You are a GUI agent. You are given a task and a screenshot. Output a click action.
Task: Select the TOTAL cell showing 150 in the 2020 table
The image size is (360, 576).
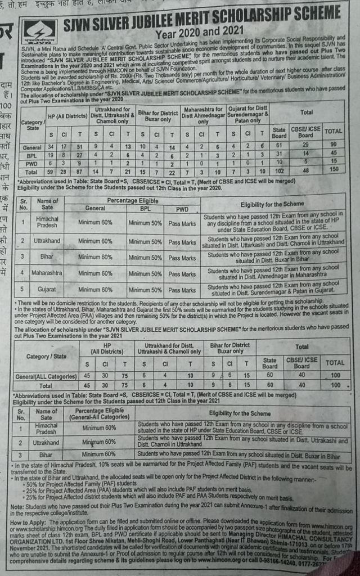334,169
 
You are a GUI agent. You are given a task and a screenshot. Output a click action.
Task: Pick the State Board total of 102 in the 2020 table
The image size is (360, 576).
279,169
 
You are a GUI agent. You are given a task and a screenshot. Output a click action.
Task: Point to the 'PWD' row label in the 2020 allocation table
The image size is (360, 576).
32,161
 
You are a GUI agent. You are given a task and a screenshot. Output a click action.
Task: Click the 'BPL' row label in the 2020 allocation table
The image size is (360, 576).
32,154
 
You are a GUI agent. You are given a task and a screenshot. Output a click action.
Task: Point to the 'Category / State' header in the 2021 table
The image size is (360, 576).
46,356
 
